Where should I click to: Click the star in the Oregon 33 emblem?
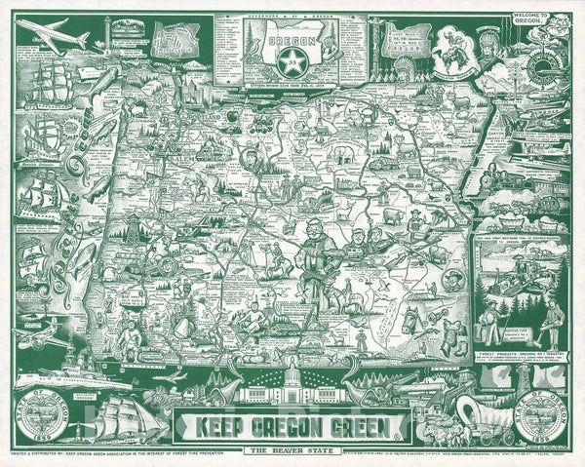click(291, 66)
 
